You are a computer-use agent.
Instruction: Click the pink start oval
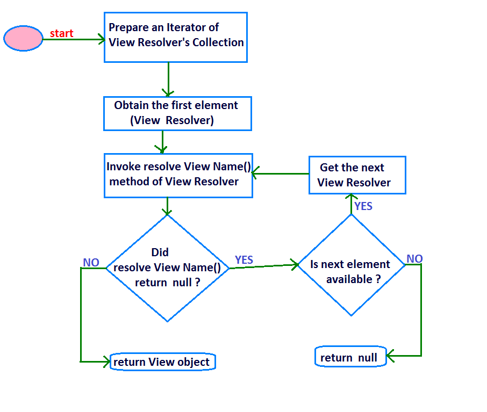(23, 39)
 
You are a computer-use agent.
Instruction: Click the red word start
(61, 33)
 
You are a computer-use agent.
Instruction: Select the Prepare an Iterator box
(175, 37)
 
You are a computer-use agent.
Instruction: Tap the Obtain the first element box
(177, 113)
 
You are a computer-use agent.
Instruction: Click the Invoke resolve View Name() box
(178, 175)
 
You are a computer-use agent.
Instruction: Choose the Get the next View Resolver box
(357, 175)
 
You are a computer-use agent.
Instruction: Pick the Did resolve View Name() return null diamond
(168, 268)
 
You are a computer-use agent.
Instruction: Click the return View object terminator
(162, 362)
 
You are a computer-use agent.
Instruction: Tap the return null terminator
(350, 358)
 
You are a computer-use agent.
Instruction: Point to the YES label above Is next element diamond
(363, 206)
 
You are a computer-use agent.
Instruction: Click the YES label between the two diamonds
(244, 260)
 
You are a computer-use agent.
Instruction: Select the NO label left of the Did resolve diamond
(91, 262)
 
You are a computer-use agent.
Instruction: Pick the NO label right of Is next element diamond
(414, 259)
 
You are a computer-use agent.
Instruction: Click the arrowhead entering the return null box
(391, 356)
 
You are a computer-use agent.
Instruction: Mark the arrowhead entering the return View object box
(106, 362)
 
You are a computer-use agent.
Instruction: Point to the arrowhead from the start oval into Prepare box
(101, 39)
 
